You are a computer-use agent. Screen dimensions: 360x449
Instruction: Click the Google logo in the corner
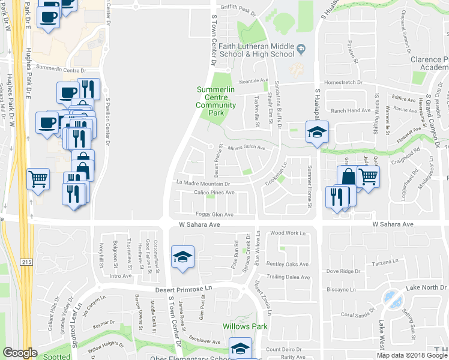click(x=20, y=353)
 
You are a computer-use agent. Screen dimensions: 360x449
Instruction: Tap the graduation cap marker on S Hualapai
click(x=316, y=133)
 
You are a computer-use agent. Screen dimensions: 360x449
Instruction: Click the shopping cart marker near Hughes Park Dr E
click(x=38, y=178)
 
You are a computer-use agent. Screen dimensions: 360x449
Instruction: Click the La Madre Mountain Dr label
click(x=203, y=182)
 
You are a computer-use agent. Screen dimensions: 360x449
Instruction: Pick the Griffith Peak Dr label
click(x=238, y=10)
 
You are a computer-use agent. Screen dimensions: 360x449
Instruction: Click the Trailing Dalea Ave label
click(x=288, y=277)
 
